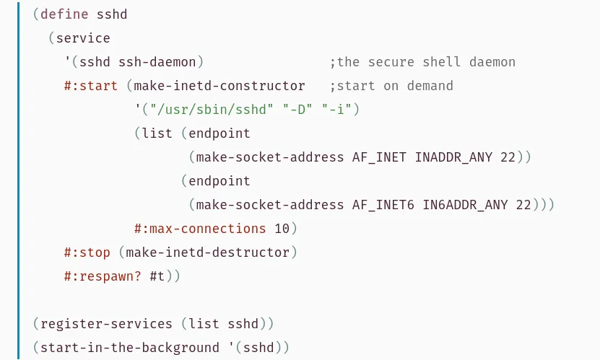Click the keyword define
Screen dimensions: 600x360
coord(64,14)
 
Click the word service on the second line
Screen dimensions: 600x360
coord(83,38)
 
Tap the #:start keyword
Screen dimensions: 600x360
coord(91,86)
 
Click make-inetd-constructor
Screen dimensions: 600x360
coord(219,86)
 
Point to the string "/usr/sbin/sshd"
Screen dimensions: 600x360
coord(212,110)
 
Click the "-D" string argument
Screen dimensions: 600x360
coord(297,110)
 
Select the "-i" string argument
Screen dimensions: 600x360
coord(336,110)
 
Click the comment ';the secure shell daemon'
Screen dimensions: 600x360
coord(422,62)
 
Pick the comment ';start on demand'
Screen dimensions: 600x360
coord(391,86)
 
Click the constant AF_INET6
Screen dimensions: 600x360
coord(383,205)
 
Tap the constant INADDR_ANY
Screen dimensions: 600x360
coord(453,157)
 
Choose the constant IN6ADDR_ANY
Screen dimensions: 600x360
coord(465,205)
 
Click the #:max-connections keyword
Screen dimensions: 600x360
coord(200,229)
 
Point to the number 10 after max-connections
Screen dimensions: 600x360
coord(282,229)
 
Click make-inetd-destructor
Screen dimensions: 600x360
coord(207,253)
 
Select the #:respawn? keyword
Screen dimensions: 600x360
coord(103,276)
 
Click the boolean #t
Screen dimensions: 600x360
coord(157,276)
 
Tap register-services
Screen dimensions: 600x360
coord(106,324)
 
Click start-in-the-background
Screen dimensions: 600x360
coord(130,348)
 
